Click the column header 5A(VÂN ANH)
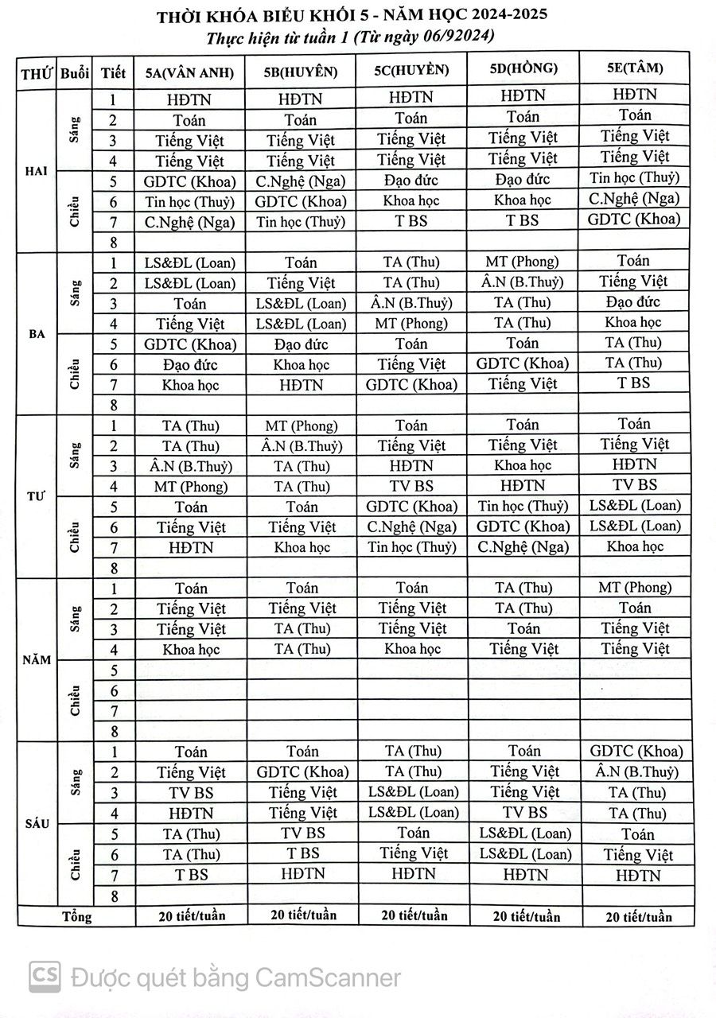point(189,72)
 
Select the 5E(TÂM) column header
point(634,68)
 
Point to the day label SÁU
point(37,824)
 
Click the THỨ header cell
point(37,74)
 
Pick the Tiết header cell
point(114,73)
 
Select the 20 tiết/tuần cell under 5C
point(414,915)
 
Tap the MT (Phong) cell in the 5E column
point(634,588)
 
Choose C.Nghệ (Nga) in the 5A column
point(189,223)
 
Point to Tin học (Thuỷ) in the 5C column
point(412,547)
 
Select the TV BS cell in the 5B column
point(302,833)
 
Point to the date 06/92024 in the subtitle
point(451,37)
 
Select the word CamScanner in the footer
point(335,977)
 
